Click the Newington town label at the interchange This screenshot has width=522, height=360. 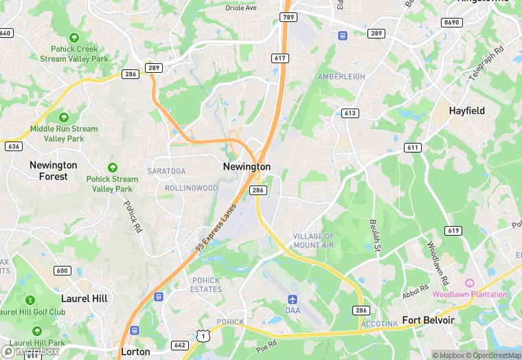pos(247,167)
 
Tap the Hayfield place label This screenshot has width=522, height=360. pos(466,111)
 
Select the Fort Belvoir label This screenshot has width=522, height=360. pos(428,320)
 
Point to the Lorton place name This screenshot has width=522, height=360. pos(135,351)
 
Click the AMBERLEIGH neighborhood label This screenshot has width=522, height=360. pos(341,77)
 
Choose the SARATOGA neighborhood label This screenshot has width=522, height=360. pos(166,171)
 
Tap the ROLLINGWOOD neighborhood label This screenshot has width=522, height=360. pos(191,188)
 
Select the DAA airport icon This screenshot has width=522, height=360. pos(293,300)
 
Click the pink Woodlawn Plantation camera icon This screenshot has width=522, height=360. pos(470,283)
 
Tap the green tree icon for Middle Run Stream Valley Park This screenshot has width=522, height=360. pos(64,117)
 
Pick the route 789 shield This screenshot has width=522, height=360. pos(287,15)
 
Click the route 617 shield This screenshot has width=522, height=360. pos(279,58)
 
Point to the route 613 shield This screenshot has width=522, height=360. pos(350,113)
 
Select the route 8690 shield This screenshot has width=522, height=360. pos(451,23)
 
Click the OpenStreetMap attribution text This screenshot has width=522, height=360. pos(493,355)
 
